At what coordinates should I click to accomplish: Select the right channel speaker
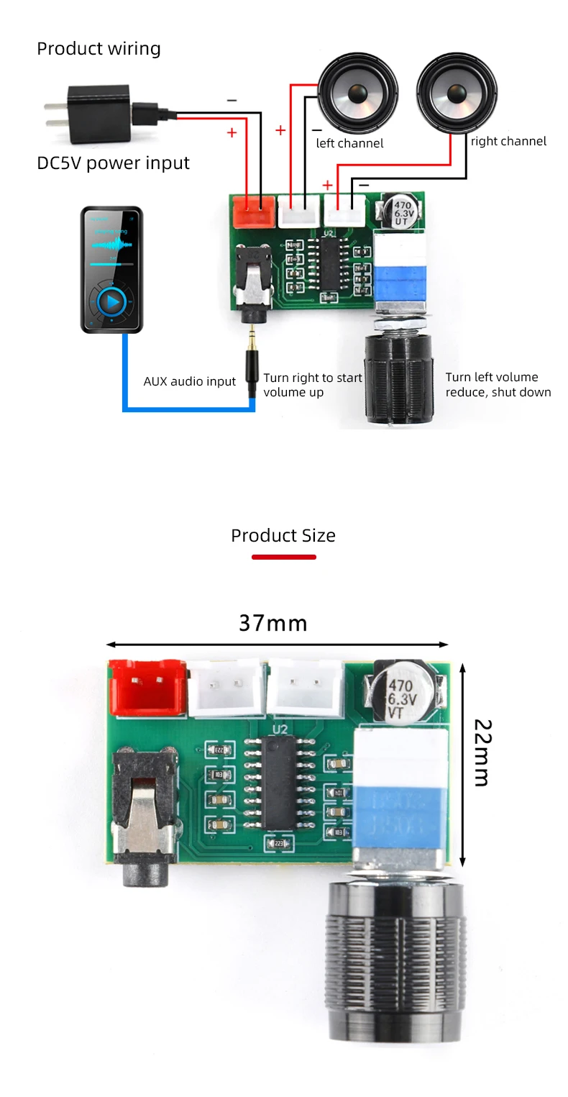(456, 94)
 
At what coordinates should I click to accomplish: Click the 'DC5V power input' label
(113, 163)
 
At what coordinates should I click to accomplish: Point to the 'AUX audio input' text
(189, 381)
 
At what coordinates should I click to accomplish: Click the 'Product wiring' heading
(99, 49)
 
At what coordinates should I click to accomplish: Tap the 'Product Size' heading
(283, 536)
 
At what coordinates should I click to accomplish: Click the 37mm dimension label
(273, 623)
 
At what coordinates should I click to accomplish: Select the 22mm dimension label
(480, 752)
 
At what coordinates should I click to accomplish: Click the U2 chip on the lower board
(280, 784)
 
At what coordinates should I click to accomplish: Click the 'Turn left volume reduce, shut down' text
(498, 385)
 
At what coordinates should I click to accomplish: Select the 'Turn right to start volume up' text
(312, 385)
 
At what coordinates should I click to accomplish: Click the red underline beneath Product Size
(283, 557)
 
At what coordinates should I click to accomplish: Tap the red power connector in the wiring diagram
(252, 211)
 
